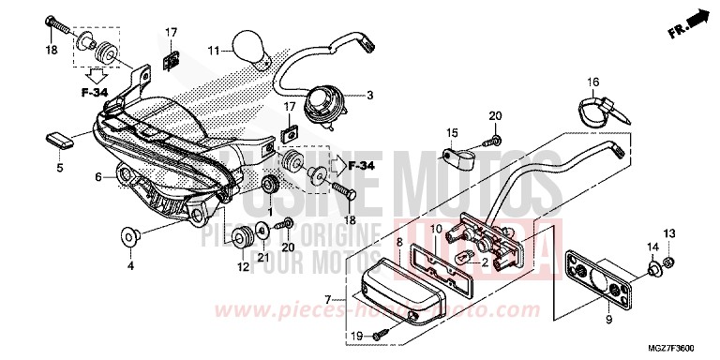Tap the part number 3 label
click(369, 95)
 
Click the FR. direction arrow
click(692, 21)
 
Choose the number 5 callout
click(59, 169)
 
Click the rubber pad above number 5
click(59, 139)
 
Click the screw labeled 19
click(379, 335)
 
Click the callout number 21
click(263, 257)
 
